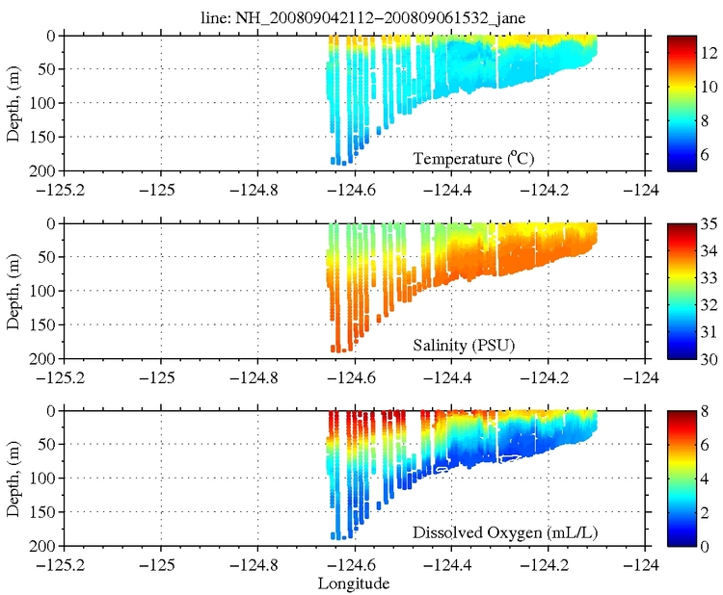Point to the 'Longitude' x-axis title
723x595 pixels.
coord(354,583)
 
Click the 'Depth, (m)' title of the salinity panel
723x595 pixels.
coord(13,291)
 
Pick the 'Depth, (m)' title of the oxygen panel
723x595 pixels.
coord(13,479)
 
